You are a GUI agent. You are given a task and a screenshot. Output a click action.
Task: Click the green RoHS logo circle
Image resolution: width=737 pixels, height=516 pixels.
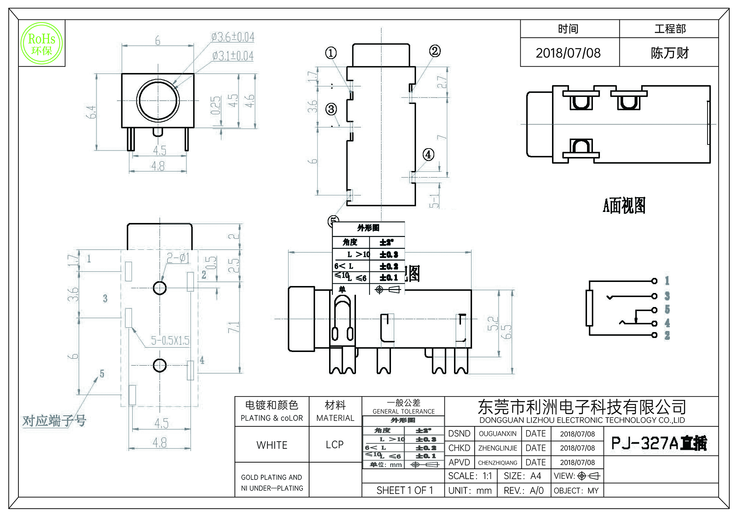(42, 43)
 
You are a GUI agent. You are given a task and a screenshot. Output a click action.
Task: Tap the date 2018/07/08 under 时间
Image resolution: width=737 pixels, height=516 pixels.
(568, 53)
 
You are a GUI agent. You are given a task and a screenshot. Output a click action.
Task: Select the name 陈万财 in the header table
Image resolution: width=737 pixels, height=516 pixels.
(669, 53)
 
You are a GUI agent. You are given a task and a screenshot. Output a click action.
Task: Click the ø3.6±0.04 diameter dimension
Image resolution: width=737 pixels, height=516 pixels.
(233, 37)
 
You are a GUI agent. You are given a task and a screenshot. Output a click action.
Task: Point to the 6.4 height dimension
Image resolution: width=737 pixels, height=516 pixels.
(91, 112)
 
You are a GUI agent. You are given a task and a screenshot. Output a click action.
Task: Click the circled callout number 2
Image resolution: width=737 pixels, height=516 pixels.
(435, 51)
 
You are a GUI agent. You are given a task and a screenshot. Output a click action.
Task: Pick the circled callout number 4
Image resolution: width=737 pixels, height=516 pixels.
(428, 154)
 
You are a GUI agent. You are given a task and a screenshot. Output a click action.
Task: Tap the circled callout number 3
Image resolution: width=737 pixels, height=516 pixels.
(331, 109)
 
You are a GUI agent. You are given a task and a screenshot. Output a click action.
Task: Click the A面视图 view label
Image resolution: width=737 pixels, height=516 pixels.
(624, 205)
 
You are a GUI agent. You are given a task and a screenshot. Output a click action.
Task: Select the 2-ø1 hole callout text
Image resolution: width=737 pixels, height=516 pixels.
(178, 258)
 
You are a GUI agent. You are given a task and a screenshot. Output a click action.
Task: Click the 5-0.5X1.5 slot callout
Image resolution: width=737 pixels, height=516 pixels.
(170, 341)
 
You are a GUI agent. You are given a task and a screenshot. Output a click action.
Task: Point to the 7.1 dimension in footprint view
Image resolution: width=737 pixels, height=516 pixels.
(234, 327)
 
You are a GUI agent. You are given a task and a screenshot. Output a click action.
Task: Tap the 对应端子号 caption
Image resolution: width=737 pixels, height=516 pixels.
(54, 421)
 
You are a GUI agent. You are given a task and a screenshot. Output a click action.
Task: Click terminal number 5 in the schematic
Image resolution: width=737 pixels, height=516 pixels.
(667, 309)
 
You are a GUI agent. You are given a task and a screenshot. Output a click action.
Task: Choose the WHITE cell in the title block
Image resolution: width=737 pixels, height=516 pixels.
(272, 445)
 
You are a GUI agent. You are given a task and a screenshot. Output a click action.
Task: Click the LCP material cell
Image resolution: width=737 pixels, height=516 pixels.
(335, 445)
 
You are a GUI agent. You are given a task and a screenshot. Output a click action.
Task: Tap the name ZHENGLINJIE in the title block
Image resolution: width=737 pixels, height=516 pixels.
(497, 448)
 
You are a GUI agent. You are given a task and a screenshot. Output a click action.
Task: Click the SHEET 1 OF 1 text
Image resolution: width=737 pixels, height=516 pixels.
(405, 490)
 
